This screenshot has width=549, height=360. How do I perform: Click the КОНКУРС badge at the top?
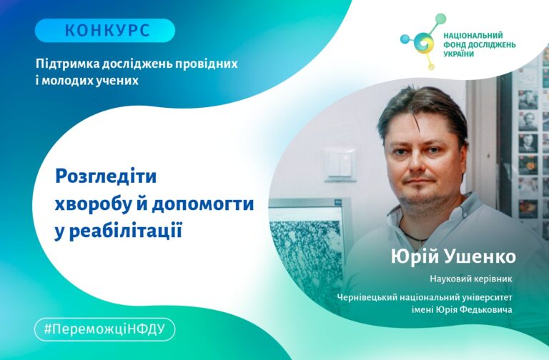(x=104, y=31)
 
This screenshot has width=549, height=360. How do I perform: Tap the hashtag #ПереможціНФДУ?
(x=104, y=329)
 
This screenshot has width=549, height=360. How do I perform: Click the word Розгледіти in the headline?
(x=106, y=176)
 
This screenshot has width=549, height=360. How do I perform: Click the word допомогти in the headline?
(x=203, y=204)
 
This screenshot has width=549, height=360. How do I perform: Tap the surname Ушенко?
(x=480, y=256)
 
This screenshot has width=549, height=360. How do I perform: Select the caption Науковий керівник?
(x=471, y=279)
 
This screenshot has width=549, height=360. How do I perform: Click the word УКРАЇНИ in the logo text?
(x=459, y=54)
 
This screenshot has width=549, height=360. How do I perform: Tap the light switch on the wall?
(x=340, y=165)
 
